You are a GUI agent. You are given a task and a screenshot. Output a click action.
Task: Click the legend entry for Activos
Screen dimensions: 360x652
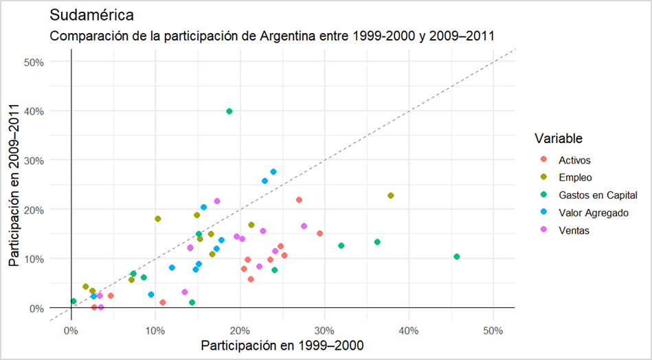(x=575, y=160)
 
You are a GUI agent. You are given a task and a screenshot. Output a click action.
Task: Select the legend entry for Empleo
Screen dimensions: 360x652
(x=575, y=178)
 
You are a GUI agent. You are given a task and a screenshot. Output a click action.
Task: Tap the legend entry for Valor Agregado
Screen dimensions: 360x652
(x=594, y=213)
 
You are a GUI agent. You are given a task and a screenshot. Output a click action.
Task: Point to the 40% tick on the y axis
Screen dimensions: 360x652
(x=34, y=111)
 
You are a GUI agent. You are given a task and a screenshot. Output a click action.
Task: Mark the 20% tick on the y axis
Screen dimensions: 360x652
(x=34, y=210)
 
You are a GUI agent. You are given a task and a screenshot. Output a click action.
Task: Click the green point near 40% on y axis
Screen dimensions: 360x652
(x=229, y=111)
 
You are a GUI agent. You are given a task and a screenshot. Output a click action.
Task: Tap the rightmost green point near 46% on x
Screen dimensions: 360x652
(x=457, y=257)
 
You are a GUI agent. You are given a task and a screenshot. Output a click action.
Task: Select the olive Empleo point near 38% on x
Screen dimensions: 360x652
(x=391, y=196)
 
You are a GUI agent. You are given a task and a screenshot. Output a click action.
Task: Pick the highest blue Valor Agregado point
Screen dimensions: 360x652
(x=273, y=172)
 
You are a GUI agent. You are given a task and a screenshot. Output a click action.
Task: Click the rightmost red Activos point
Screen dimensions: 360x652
(x=320, y=234)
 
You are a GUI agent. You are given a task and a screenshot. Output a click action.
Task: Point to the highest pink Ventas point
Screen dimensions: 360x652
(x=217, y=201)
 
